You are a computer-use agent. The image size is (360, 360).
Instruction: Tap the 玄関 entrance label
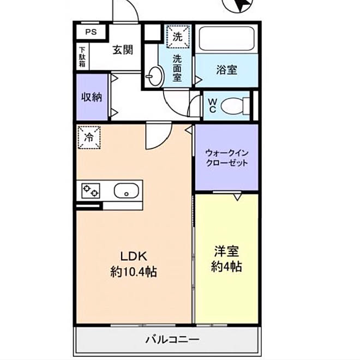[123, 50]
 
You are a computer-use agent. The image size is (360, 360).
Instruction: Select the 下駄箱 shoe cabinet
[81, 57]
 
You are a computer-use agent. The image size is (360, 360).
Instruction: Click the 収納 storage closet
[92, 98]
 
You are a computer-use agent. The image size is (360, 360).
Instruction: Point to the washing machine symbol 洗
[177, 37]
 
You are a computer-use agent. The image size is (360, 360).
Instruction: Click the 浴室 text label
[225, 70]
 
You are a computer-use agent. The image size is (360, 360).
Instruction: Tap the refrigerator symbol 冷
[88, 137]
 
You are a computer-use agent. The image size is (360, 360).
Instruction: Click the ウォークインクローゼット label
[226, 158]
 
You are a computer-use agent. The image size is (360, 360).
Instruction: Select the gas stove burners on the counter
[91, 191]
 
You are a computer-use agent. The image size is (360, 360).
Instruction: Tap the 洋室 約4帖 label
[226, 260]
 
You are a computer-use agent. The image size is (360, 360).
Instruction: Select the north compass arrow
[241, 5]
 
